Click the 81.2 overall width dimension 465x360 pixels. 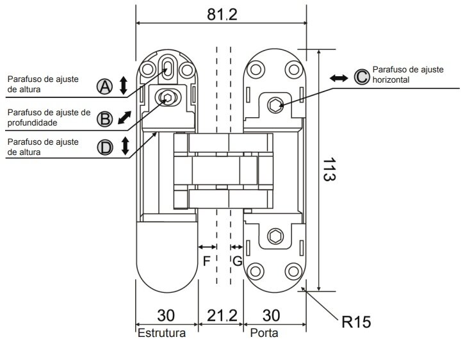222,15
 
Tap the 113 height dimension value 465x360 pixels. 329,169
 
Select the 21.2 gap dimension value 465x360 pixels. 222,316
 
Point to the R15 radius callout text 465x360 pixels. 356,322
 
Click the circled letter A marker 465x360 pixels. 104,86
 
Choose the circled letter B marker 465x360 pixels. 104,119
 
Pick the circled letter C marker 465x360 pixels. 362,77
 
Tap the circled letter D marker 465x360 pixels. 105,147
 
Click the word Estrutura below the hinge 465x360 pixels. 161,332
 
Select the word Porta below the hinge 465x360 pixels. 264,332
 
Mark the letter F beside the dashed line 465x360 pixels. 206,261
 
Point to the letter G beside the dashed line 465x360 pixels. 237,261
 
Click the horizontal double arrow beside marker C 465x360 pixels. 339,78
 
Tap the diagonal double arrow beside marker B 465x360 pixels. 124,117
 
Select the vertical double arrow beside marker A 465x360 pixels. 124,85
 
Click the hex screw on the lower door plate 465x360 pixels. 275,236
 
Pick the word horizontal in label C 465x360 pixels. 391,80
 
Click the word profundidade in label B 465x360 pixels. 32,123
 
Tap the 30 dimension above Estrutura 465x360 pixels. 166,316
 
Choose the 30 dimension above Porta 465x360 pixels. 271,316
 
